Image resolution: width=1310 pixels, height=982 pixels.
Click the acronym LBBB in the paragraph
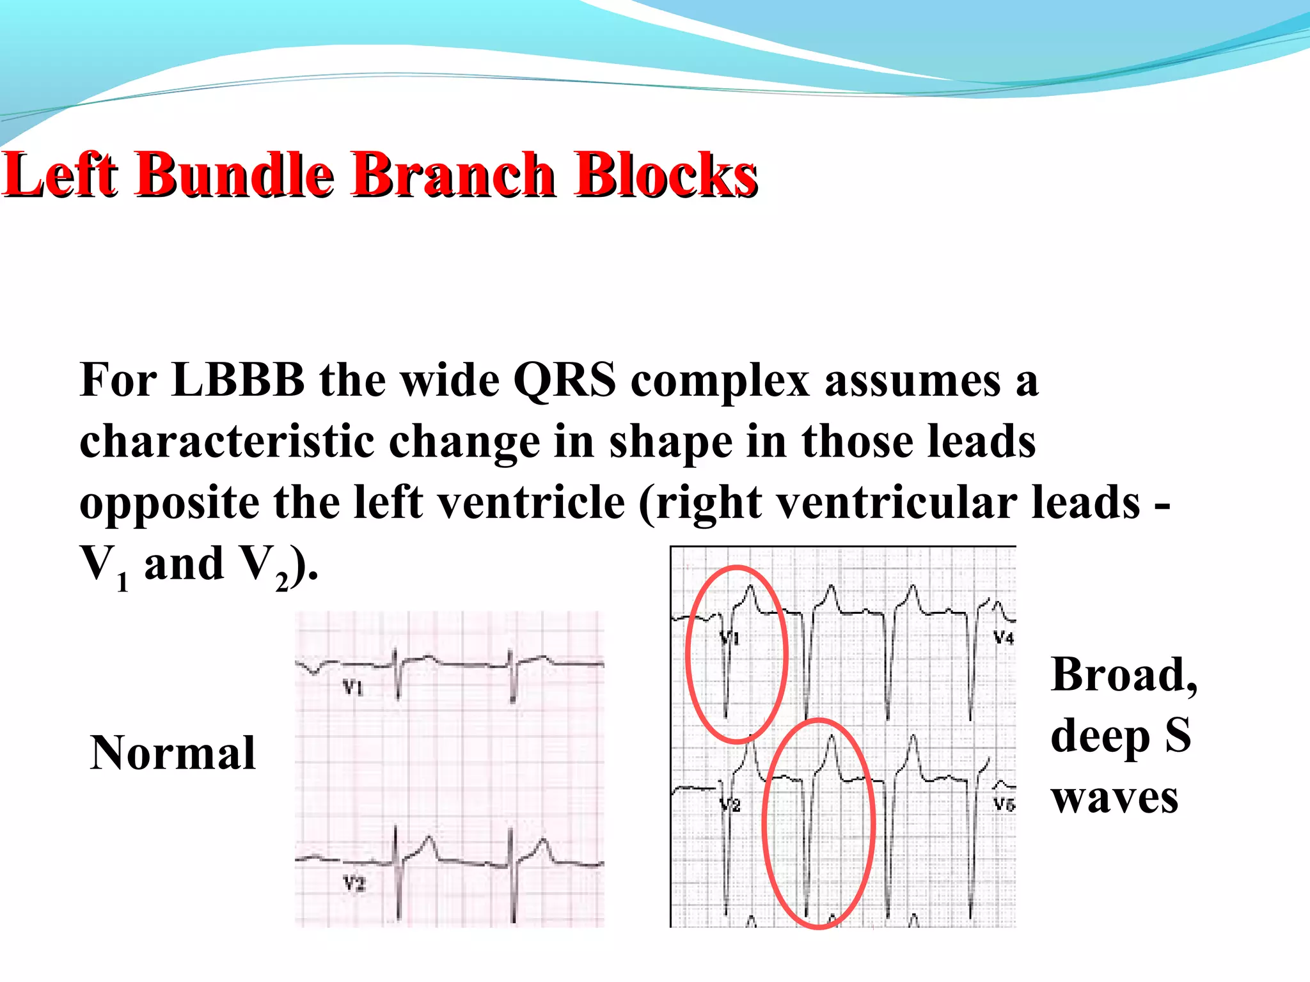238,381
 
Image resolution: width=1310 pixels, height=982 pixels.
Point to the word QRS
565,381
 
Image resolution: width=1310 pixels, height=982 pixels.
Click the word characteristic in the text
226,442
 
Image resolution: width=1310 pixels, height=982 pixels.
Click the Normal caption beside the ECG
173,752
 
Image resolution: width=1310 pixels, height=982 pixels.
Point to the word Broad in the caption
1123,674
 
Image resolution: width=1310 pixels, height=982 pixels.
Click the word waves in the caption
1114,797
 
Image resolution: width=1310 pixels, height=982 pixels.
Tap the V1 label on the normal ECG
353,688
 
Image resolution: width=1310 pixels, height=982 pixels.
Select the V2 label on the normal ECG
354,884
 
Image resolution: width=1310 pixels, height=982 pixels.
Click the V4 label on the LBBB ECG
1004,637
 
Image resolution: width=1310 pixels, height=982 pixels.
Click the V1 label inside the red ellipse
730,637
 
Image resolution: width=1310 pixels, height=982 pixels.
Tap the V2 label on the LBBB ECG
730,805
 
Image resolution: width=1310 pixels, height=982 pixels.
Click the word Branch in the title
453,175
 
